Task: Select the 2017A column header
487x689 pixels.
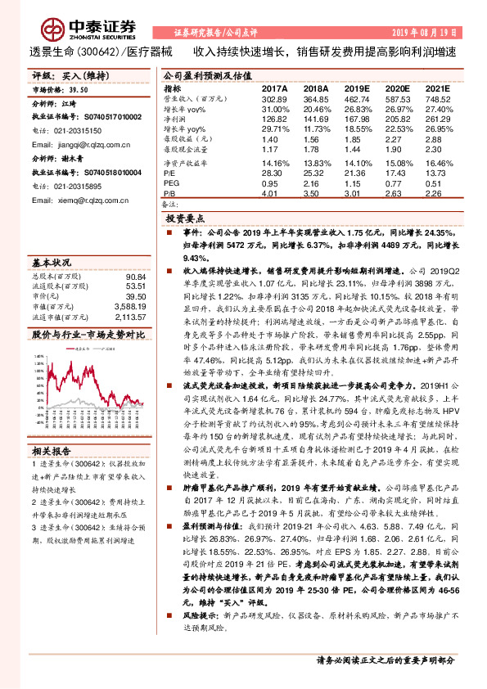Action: coord(275,88)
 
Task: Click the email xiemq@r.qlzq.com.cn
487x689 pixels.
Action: coord(84,199)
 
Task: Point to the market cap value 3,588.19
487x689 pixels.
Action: coord(130,306)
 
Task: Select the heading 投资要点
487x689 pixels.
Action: coord(184,220)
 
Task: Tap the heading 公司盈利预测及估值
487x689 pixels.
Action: coord(200,74)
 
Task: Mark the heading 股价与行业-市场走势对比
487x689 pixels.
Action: coord(88,334)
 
